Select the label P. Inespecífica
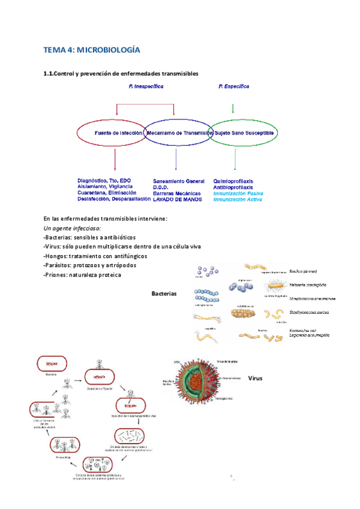[146, 86]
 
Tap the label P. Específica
[234, 86]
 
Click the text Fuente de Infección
[119, 133]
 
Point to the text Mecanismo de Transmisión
[176, 133]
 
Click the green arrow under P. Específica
[233, 109]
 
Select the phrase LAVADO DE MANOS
[177, 199]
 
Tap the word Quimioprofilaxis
[233, 181]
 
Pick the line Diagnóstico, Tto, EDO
[104, 181]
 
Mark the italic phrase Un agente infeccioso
[73, 229]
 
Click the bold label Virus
[256, 379]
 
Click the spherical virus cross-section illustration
[205, 382]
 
